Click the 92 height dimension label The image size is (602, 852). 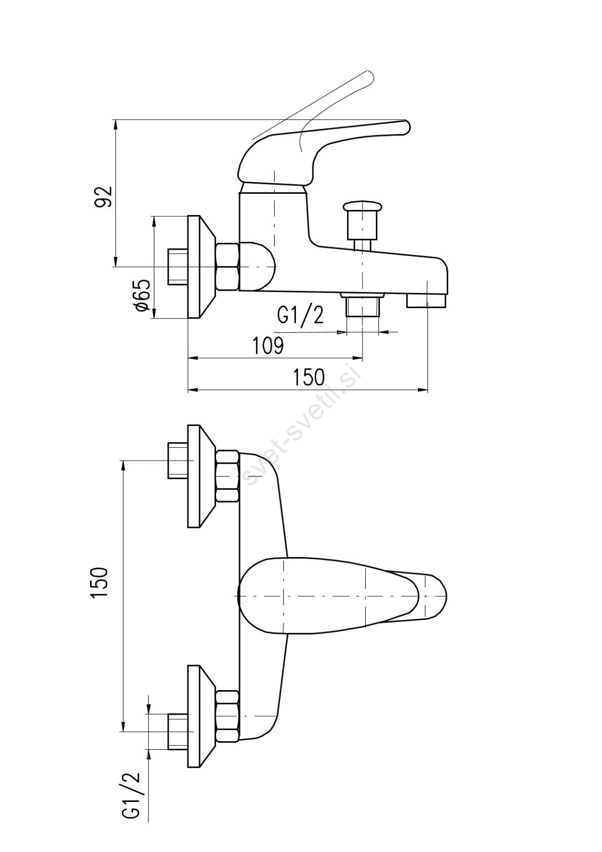[x=103, y=195]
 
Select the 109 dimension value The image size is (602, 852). [x=268, y=346]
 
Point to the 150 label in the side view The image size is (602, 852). [x=309, y=377]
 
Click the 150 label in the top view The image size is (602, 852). [x=100, y=583]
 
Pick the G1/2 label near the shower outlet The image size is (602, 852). [x=300, y=315]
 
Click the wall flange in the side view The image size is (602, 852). [x=200, y=266]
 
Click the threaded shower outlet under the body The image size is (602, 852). [x=362, y=306]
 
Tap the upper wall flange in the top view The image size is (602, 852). [x=200, y=476]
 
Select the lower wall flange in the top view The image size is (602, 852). [x=200, y=717]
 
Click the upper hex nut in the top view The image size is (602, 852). [x=227, y=476]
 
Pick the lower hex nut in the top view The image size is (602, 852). [x=227, y=717]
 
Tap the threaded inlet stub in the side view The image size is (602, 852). [x=177, y=266]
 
